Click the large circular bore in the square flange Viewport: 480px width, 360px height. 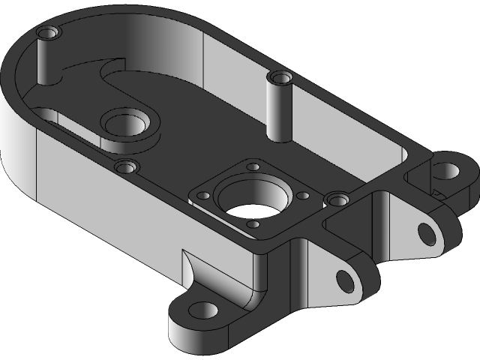251,199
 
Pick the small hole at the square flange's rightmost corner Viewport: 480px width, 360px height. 303,194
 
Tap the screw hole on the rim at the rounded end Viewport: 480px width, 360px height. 48,33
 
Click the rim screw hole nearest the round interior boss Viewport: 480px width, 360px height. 125,166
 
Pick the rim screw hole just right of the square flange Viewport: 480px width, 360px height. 335,199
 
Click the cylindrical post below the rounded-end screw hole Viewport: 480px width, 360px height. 46,64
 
